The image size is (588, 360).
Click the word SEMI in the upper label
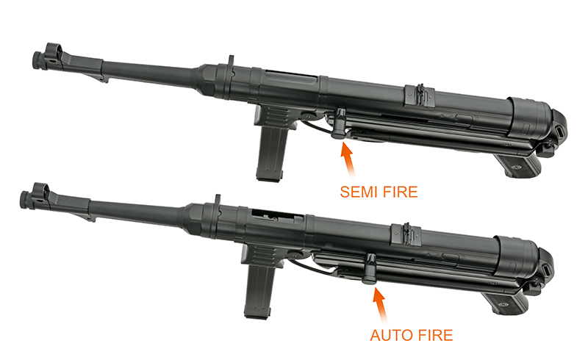pyautogui.click(x=359, y=192)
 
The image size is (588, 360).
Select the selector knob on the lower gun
pyautogui.click(x=371, y=267)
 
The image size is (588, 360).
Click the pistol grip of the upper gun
pyautogui.click(x=519, y=165)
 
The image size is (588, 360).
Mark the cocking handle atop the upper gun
pyautogui.click(x=230, y=62)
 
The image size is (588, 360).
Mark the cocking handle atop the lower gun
pyautogui.click(x=218, y=200)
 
